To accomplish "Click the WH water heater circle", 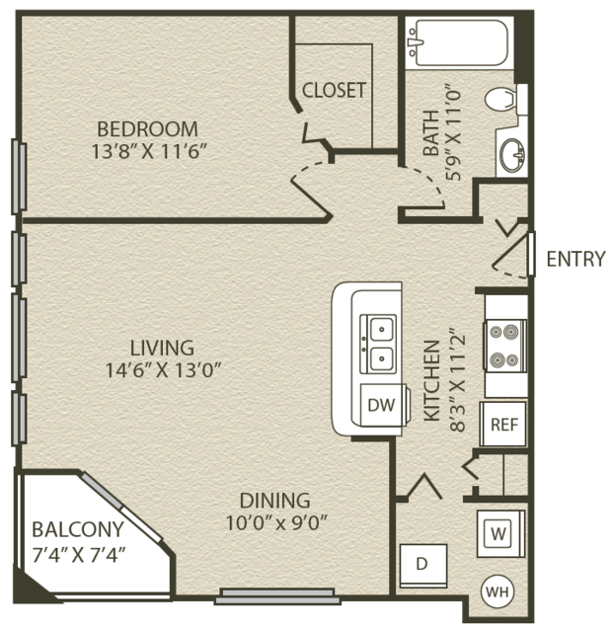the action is coord(498,592).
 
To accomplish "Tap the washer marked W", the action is coord(500,533).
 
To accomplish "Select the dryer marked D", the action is coord(423,566).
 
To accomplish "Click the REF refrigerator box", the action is coord(503,424).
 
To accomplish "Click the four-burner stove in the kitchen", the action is coord(504,346).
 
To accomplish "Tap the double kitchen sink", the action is coord(378,344).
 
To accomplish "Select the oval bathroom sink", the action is coord(512,155).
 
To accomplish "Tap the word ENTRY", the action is coord(575,259).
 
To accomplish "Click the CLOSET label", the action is coord(334,90).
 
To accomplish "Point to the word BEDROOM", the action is coord(148,129).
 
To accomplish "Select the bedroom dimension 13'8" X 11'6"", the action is coord(149,151).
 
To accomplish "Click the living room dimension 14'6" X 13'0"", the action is coord(163,370).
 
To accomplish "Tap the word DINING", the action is coord(275,501).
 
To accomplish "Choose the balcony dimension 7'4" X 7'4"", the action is coord(79,555).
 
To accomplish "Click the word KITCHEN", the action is coord(432,381).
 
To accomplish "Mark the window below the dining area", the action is coord(277,596).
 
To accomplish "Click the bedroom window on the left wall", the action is coord(19,176).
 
